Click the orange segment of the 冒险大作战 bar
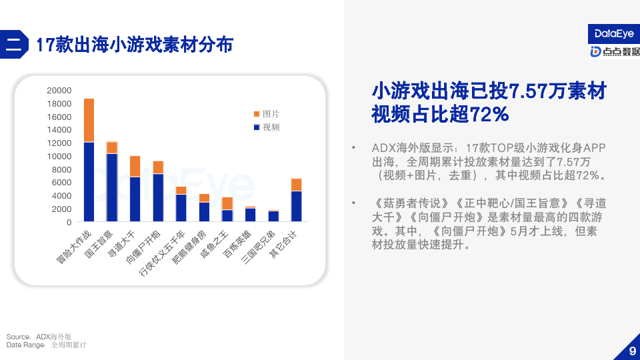pos(89,121)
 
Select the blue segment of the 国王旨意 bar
pos(112,187)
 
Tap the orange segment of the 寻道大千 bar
pos(135,167)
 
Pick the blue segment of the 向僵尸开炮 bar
pos(159,197)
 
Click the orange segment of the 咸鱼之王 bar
pos(227,204)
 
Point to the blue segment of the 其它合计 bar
pos(296,206)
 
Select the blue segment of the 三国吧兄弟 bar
pos(273,216)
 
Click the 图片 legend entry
pos(267,114)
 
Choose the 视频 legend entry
pos(267,127)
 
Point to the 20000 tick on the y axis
pos(59,91)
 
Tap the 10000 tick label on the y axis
pos(59,156)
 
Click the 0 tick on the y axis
pos(69,223)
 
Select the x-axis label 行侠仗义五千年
pos(162,253)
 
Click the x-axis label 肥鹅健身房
pos(189,247)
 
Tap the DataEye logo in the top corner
pos(614,34)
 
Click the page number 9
pos(632,351)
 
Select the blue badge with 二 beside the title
pos(14,44)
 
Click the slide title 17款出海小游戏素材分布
pos(135,45)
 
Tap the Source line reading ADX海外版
pos(39,337)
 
